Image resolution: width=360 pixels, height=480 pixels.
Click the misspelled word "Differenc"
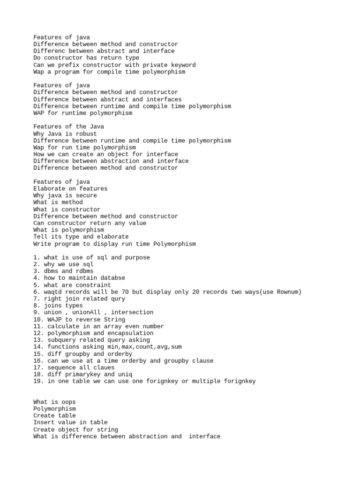click(x=49, y=51)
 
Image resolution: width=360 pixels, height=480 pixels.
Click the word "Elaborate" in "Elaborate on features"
click(x=49, y=188)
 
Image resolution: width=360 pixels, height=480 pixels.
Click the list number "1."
click(x=37, y=257)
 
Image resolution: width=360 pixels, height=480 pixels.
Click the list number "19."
click(x=38, y=381)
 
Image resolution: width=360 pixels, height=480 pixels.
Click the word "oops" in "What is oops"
click(x=68, y=402)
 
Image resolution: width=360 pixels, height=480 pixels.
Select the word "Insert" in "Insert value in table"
click(x=44, y=422)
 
